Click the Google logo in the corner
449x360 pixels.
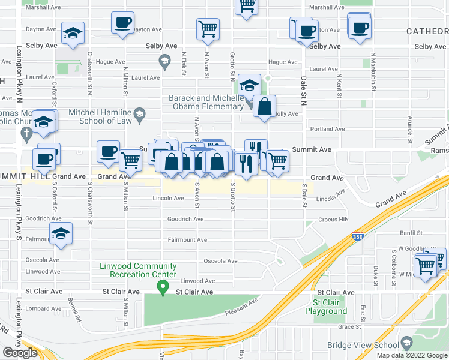[x=20, y=353]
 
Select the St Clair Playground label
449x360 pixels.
[x=325, y=307]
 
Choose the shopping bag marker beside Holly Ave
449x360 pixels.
[x=264, y=107]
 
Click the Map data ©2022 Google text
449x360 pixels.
[x=411, y=355]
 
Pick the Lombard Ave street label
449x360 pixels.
[x=40, y=308]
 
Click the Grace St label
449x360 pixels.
[x=349, y=327]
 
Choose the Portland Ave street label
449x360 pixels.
[x=327, y=129]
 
